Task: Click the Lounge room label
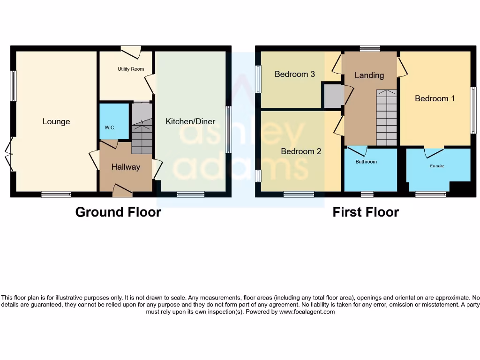point(56,121)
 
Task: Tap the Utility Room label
point(131,69)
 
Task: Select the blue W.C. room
point(114,121)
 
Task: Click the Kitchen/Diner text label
point(190,121)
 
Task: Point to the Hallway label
point(126,167)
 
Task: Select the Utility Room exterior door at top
point(131,52)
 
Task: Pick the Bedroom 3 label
point(294,74)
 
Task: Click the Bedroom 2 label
point(301,151)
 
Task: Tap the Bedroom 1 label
point(435,98)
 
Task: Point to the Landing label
point(369,75)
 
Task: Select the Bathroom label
point(366,162)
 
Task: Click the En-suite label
point(437,166)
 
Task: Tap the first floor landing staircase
point(386,119)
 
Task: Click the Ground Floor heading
point(118,212)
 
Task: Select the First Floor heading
point(366,212)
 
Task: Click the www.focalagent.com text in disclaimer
point(307,312)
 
